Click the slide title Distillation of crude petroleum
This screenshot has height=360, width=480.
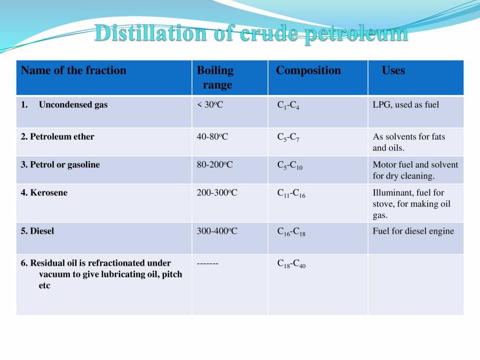click(x=251, y=34)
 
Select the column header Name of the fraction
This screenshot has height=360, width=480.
click(x=74, y=70)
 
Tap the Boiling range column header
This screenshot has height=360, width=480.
click(x=215, y=77)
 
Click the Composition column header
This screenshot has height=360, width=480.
click(x=308, y=70)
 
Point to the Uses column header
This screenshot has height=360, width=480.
click(x=393, y=70)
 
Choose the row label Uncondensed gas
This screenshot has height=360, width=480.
click(x=73, y=105)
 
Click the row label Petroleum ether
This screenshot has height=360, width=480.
click(x=58, y=137)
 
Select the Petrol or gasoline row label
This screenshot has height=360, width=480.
click(x=60, y=164)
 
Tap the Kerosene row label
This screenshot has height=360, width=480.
click(x=44, y=193)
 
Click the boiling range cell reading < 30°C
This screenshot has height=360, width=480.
click(x=210, y=105)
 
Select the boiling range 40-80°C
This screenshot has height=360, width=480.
click(x=212, y=137)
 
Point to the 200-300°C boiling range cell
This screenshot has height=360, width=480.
click(x=217, y=193)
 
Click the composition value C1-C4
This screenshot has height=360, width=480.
click(x=288, y=106)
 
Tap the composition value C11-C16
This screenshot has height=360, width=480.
click(x=291, y=194)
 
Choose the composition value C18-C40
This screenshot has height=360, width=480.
click(x=291, y=264)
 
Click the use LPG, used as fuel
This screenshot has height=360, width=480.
click(x=406, y=105)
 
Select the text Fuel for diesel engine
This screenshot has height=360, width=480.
click(x=413, y=231)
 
